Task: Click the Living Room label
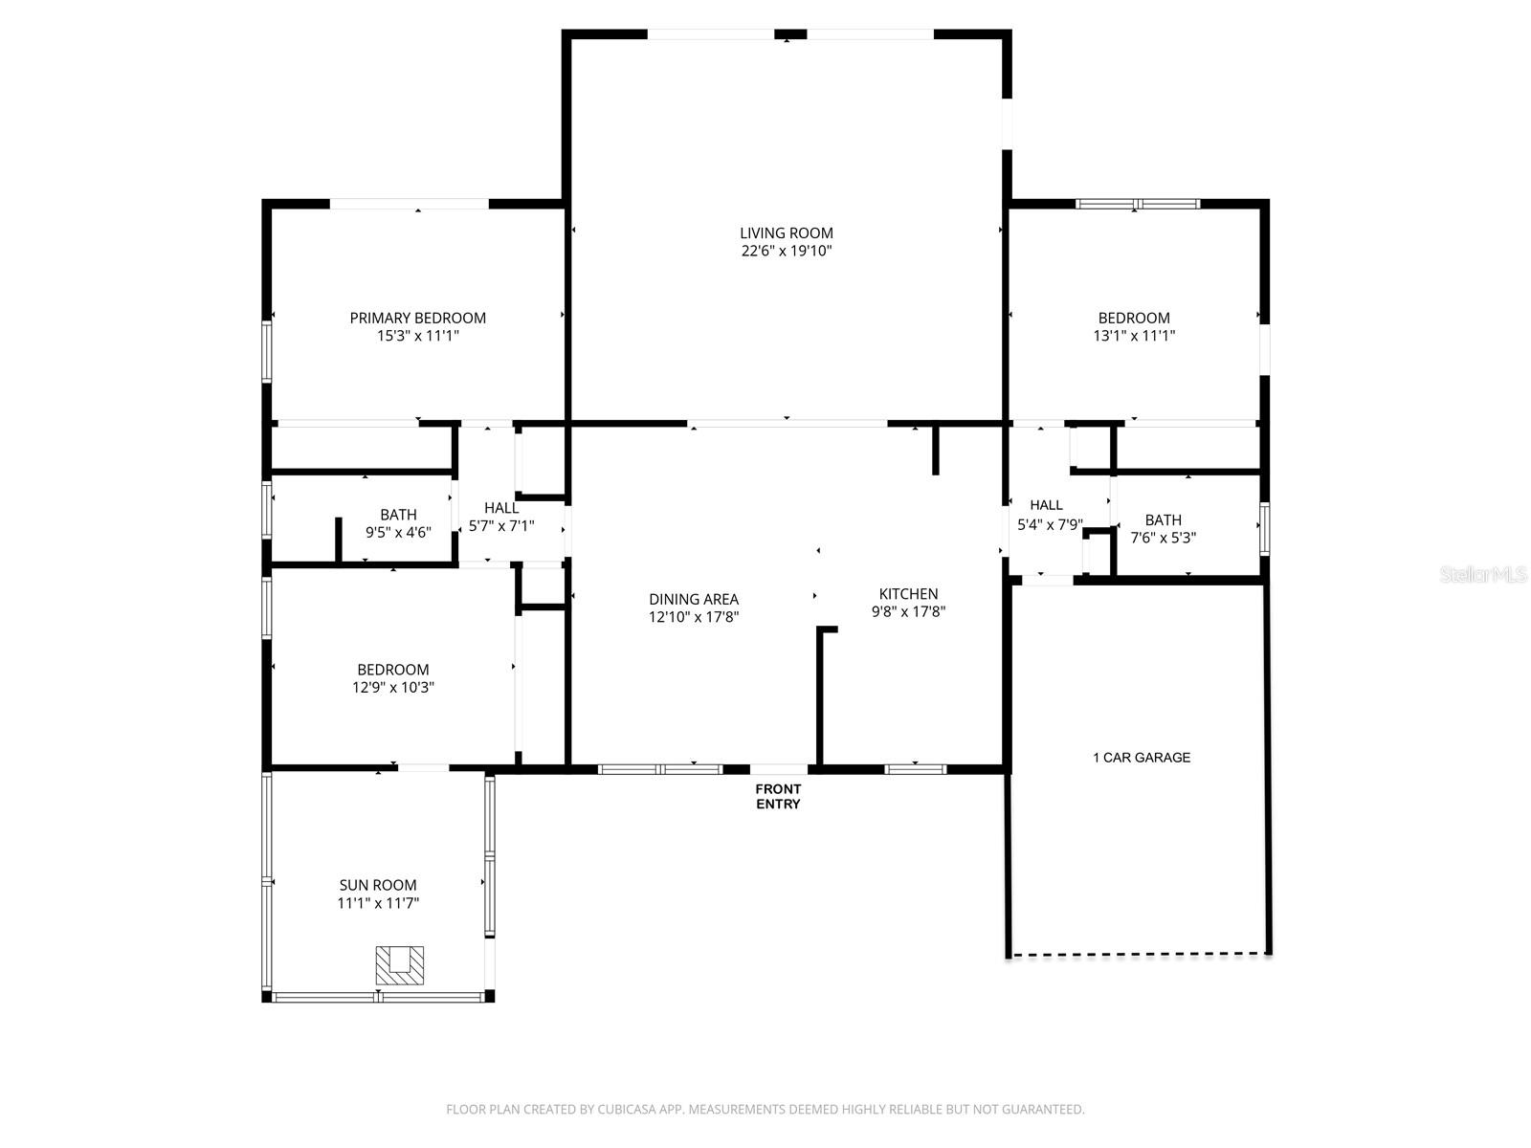(x=786, y=232)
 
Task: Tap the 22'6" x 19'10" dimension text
(x=786, y=252)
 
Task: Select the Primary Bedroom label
(x=417, y=318)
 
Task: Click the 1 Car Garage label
(x=1142, y=758)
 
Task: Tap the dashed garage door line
(x=1139, y=953)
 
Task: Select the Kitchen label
(x=908, y=594)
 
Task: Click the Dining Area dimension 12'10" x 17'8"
(x=694, y=618)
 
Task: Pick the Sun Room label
(x=378, y=885)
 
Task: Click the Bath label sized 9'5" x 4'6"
(x=398, y=515)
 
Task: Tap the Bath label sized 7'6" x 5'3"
(x=1163, y=519)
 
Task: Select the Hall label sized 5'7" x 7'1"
(x=501, y=508)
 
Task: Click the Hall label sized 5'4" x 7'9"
(x=1046, y=505)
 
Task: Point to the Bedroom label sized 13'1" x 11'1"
(x=1134, y=318)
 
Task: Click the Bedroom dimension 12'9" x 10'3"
(x=393, y=687)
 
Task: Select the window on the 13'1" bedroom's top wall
(x=1137, y=204)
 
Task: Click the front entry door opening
(x=778, y=768)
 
